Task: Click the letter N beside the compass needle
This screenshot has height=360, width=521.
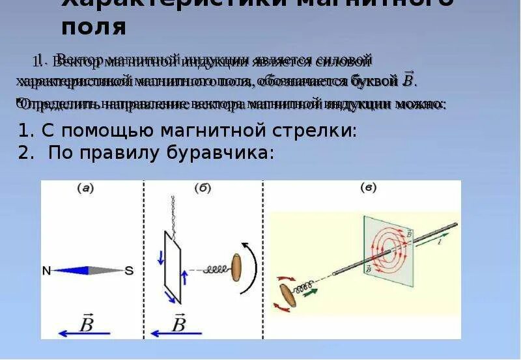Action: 46,270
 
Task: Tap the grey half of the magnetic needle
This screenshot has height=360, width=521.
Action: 104,270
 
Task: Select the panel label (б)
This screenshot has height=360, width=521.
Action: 202,189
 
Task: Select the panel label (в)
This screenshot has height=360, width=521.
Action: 368,188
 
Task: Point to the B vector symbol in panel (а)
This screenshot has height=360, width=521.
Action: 87,323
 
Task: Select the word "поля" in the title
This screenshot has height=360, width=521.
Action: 94,27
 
